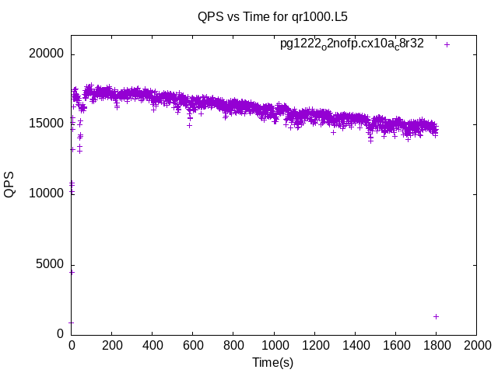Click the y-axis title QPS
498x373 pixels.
point(10,185)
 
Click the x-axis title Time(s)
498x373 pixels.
point(273,362)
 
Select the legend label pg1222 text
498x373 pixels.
point(352,44)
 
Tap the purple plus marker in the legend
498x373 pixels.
point(447,44)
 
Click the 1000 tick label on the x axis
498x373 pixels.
point(273,345)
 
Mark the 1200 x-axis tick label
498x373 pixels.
point(314,345)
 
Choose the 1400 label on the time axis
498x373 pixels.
point(355,345)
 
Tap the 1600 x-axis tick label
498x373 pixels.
point(395,345)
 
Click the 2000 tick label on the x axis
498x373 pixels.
point(476,345)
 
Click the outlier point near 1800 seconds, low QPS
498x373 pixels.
point(436,316)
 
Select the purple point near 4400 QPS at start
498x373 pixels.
point(72,272)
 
